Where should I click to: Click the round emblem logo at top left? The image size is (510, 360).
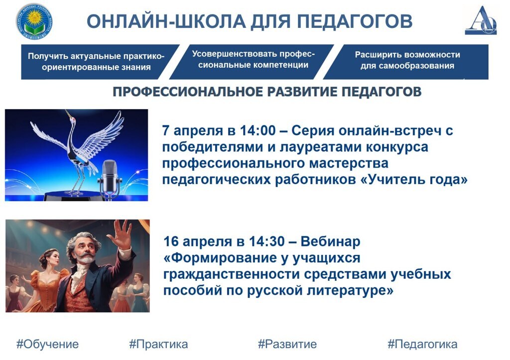click(x=34, y=21)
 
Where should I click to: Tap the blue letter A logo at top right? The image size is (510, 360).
click(x=481, y=20)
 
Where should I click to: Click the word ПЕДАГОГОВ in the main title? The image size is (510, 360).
click(x=355, y=21)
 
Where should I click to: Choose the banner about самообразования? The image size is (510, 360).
click(x=406, y=62)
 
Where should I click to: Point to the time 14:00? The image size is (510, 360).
click(x=257, y=130)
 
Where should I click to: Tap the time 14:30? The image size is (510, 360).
click(x=267, y=241)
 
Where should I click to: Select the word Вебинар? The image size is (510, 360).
click(x=331, y=241)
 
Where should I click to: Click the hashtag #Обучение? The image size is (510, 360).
click(x=47, y=344)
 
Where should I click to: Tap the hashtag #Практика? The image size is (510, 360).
click(x=158, y=344)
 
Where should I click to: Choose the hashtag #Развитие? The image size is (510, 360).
click(x=287, y=344)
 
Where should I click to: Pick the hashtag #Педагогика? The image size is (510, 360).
click(x=422, y=344)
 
